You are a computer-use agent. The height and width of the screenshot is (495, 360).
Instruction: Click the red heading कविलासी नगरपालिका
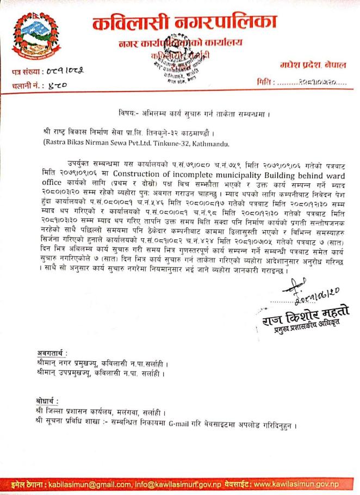coord(184,23)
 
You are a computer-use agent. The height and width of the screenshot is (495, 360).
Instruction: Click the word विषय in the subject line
coord(126,113)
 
